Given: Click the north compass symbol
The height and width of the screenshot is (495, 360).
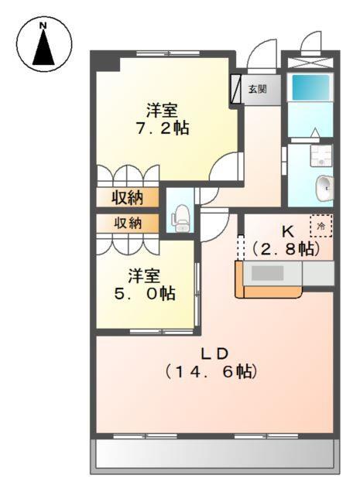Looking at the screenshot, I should tap(44, 45).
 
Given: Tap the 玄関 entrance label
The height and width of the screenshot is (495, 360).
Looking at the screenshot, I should tap(257, 89).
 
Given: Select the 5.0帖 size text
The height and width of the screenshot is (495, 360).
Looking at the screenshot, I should tap(146, 294).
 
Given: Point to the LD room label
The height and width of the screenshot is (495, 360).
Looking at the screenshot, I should tap(214, 353).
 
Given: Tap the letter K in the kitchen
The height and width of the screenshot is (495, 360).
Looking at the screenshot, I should tap(287, 230).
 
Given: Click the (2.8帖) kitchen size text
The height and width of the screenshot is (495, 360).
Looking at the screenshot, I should tap(287, 249).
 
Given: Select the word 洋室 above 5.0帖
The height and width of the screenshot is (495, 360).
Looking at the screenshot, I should tap(146, 275).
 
